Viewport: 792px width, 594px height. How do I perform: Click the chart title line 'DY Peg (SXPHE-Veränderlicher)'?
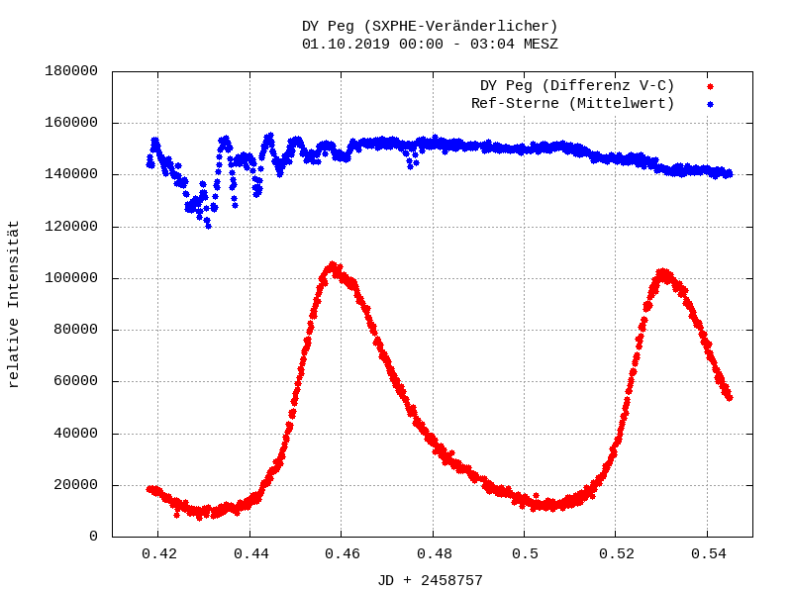click(430, 26)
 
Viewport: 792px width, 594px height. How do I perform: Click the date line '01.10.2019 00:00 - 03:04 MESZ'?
click(430, 44)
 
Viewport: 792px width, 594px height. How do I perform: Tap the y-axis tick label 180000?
click(70, 71)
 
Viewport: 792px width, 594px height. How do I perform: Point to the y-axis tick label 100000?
click(70, 278)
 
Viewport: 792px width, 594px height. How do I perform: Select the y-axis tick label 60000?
click(74, 381)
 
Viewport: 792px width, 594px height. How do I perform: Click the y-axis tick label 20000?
click(74, 485)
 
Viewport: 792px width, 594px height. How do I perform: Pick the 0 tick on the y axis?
click(94, 537)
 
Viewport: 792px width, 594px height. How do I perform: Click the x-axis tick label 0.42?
click(158, 554)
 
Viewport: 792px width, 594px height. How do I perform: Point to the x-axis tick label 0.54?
click(707, 554)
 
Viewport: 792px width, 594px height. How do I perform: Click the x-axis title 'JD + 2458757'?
click(430, 580)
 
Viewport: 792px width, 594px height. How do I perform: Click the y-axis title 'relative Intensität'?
click(14, 304)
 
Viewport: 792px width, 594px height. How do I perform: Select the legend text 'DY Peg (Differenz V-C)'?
click(577, 86)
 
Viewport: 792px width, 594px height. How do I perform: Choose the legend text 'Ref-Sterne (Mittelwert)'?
click(573, 103)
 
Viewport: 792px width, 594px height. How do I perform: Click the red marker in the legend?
click(710, 86)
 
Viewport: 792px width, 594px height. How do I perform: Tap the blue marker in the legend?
click(710, 103)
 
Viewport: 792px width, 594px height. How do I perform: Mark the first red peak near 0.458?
click(333, 265)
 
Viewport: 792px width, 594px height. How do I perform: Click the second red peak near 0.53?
click(662, 272)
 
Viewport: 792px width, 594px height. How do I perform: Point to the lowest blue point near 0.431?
click(208, 226)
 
